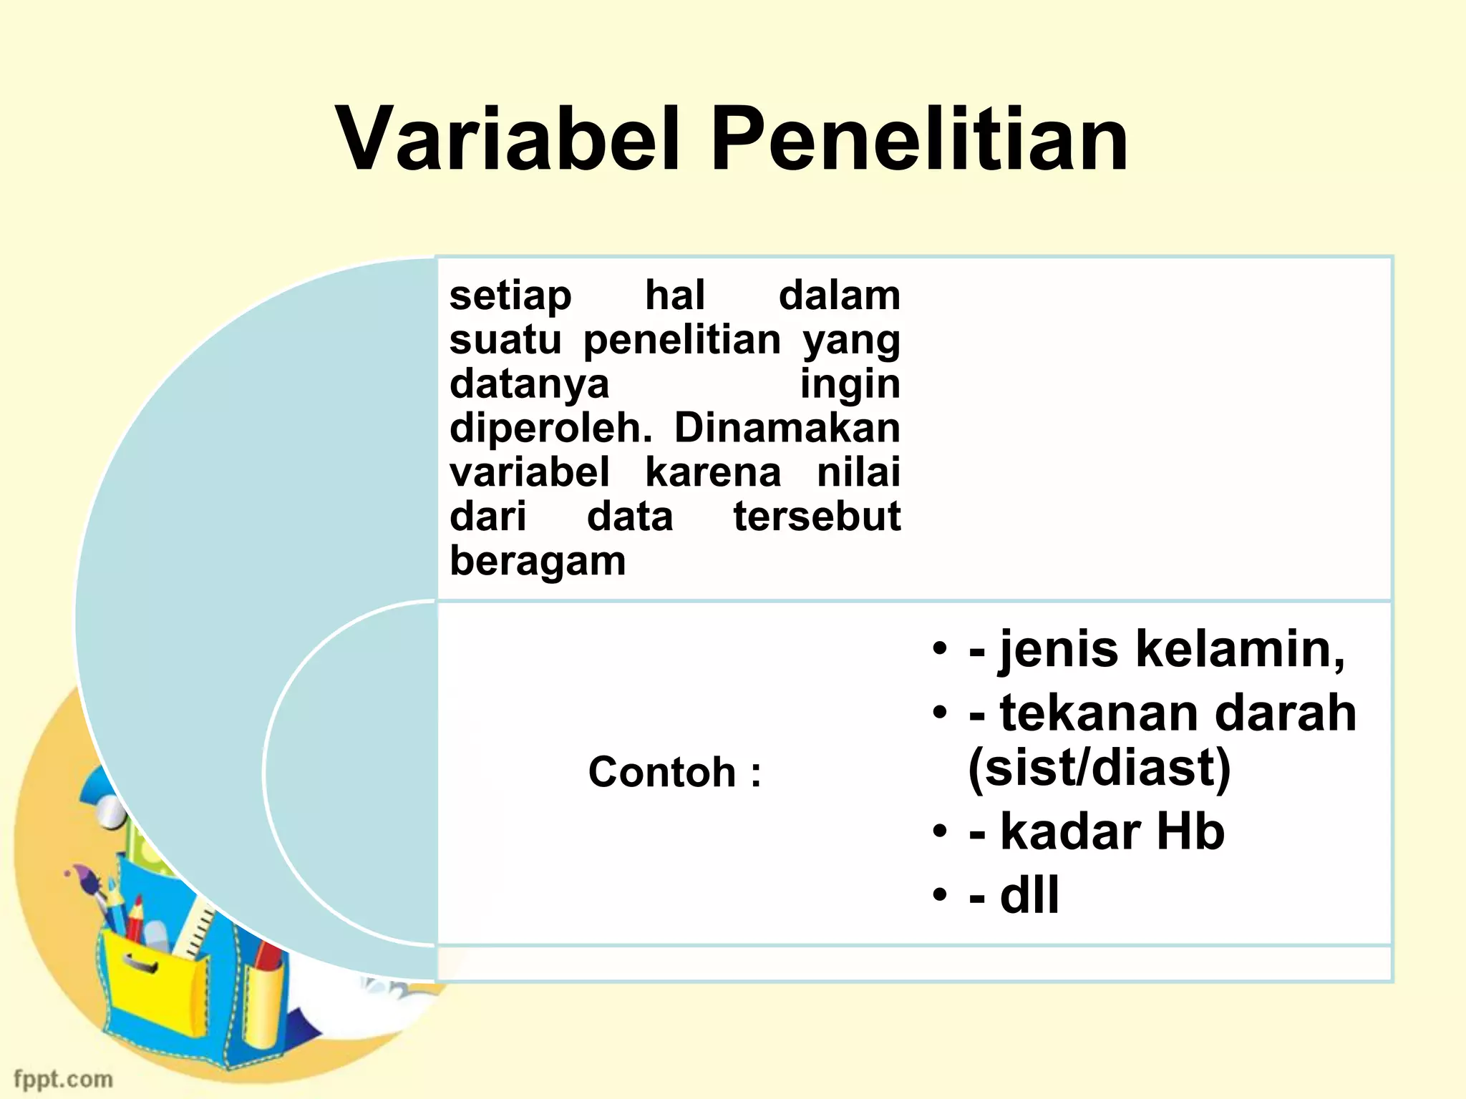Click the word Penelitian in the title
pos(919,139)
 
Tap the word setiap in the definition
pos(510,295)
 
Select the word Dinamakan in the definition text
pos(787,428)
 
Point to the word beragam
pos(538,561)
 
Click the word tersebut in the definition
pos(817,517)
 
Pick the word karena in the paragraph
pos(713,472)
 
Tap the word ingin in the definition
pos(850,384)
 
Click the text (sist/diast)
pos(1099,768)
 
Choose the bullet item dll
pos(1029,894)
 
